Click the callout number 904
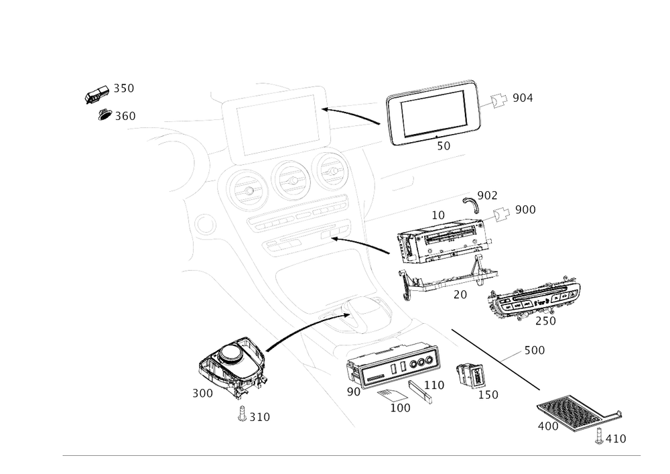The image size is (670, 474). [523, 99]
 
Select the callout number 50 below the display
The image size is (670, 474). [444, 145]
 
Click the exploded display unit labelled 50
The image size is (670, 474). [434, 113]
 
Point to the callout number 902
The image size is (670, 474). [489, 195]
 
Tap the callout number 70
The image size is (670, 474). [460, 294]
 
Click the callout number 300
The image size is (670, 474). [202, 394]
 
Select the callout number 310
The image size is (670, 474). [259, 417]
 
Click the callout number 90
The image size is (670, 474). [353, 390]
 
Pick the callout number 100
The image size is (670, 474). [401, 407]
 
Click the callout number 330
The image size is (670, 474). [125, 115]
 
